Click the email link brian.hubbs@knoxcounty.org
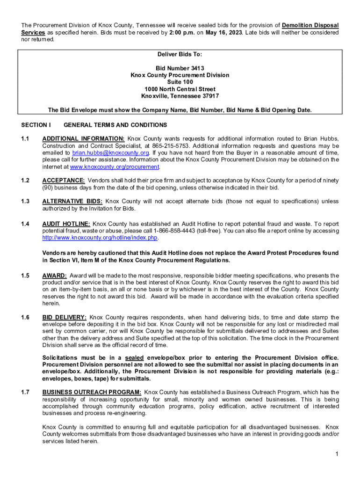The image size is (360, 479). pyautogui.click(x=110, y=152)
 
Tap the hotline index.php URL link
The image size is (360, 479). pyautogui.click(x=100, y=238)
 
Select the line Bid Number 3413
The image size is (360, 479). pyautogui.click(x=180, y=68)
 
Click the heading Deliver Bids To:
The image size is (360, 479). pyautogui.click(x=180, y=54)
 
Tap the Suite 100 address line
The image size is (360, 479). pyautogui.click(x=180, y=82)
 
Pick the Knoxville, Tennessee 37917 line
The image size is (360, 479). pyautogui.click(x=180, y=96)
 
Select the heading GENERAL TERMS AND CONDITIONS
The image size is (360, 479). pyautogui.click(x=115, y=125)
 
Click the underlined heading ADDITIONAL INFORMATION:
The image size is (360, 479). pyautogui.click(x=83, y=138)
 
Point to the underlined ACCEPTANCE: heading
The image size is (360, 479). pyautogui.click(x=63, y=181)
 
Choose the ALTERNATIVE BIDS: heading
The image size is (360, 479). pyautogui.click(x=72, y=202)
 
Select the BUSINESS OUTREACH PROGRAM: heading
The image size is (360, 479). pyautogui.click(x=91, y=392)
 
